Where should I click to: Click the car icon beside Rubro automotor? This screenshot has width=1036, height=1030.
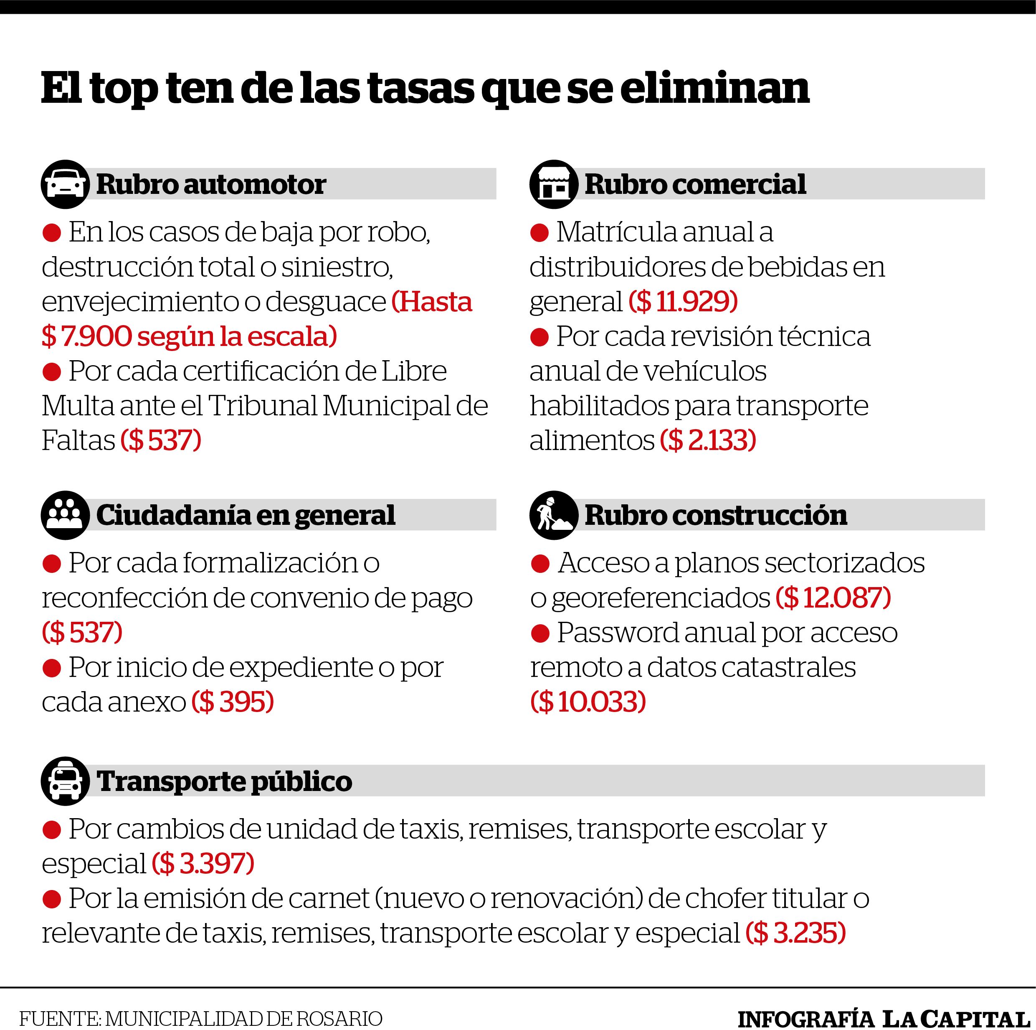coord(65,184)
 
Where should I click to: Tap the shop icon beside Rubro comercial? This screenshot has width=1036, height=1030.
coord(553,184)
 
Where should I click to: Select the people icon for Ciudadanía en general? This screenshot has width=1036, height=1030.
coord(65,515)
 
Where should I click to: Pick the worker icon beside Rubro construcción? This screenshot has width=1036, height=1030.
coord(553,515)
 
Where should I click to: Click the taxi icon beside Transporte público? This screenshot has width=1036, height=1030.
coord(65,781)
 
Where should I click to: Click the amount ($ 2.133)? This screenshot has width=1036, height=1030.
coord(708,440)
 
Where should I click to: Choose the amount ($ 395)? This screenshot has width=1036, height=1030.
coord(233,701)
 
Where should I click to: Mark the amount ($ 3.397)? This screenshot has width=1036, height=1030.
coord(203,863)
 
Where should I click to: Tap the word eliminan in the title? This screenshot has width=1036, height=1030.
coord(715,88)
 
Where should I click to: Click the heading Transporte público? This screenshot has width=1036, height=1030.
coord(224,781)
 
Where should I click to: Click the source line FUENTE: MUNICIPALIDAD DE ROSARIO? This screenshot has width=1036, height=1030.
coord(200,1018)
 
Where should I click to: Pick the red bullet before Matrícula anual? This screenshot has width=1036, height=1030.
coord(539,233)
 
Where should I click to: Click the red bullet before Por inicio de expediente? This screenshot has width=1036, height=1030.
coord(51,669)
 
